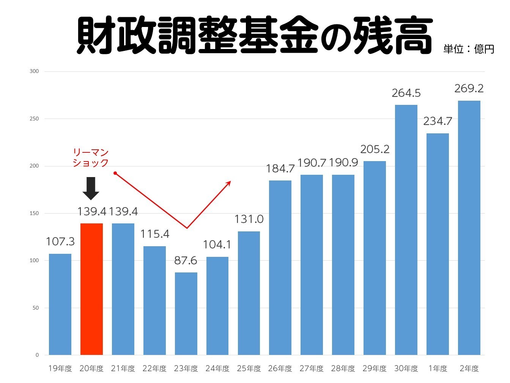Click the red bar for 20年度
coord(91,289)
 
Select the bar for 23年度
coord(186,313)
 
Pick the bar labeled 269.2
coord(469,228)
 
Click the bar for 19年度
coord(60,304)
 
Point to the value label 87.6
coord(186,260)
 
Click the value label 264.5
coord(406,93)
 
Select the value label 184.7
coord(280,168)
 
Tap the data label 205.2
coord(375,149)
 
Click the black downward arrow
coord(91,188)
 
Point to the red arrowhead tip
coord(230,182)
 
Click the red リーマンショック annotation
coord(91,158)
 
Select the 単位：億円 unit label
coord(469,49)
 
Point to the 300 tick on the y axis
coord(34,71)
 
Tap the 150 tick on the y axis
coord(34,214)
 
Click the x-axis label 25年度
coord(249,369)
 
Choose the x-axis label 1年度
coord(438,369)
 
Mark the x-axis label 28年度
coord(343,369)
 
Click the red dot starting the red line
coord(115,173)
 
